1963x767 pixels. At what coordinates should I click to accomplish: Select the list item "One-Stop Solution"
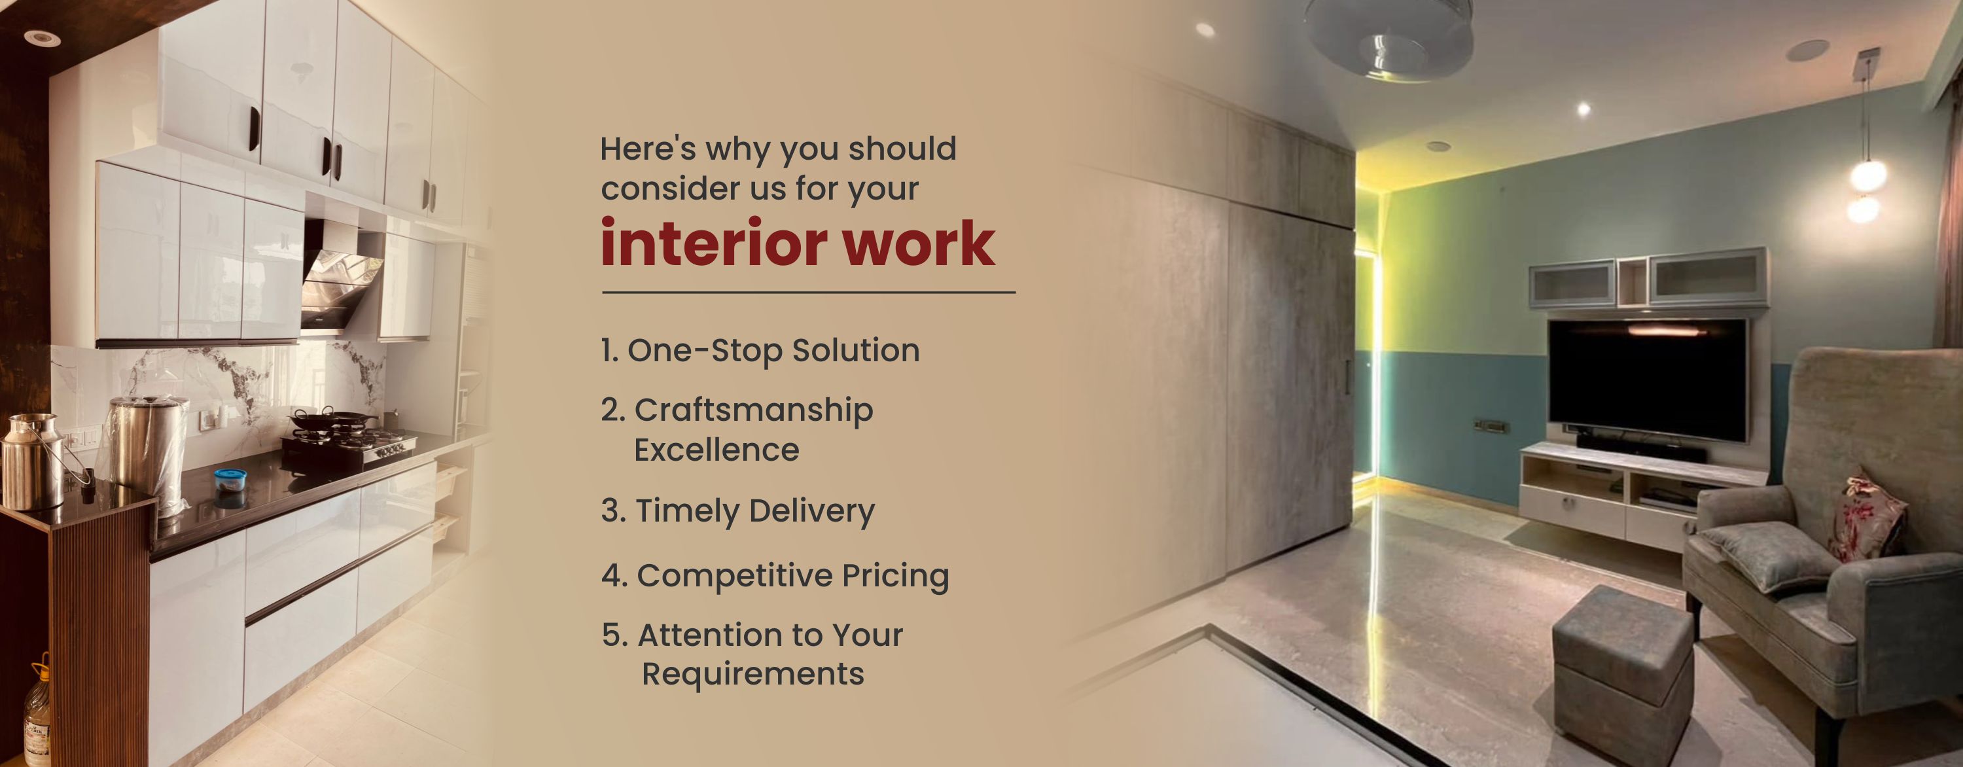pyautogui.click(x=760, y=351)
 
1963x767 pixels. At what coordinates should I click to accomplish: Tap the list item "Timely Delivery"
pyautogui.click(x=737, y=511)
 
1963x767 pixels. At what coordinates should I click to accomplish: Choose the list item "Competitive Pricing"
pyautogui.click(x=775, y=576)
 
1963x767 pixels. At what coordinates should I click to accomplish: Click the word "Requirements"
pyautogui.click(x=753, y=674)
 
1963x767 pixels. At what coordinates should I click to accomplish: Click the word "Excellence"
pyautogui.click(x=717, y=450)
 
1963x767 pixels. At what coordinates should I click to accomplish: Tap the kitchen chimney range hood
pyautogui.click(x=340, y=274)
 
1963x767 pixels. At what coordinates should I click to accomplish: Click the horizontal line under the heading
pyautogui.click(x=809, y=292)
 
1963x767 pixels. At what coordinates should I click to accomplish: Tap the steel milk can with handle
pyautogui.click(x=34, y=462)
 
